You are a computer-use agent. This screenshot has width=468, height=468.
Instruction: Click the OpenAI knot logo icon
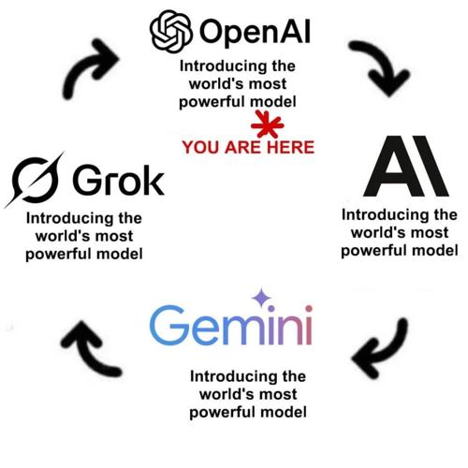171,31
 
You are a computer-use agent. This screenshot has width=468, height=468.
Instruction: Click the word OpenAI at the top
255,33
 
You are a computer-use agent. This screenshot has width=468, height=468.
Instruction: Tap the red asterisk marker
267,124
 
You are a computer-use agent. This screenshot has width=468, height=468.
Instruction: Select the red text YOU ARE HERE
248,147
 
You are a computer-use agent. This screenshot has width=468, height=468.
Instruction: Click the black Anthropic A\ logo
406,166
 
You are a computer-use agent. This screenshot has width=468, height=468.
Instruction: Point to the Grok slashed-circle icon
35,180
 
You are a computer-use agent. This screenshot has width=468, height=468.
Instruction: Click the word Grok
119,180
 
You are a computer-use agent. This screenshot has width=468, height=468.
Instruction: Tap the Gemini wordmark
231,325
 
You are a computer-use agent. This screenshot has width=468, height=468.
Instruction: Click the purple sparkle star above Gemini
261,298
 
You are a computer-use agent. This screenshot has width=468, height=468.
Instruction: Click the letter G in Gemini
168,325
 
